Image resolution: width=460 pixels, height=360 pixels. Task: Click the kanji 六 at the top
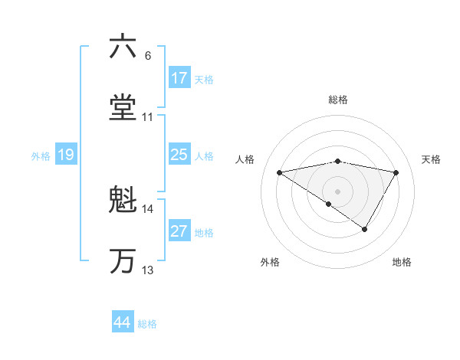tap(123, 47)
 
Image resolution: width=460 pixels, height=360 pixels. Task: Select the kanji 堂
tap(123, 108)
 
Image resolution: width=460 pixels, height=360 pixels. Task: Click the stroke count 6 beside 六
tap(147, 56)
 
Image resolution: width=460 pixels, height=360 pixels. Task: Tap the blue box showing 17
tap(179, 78)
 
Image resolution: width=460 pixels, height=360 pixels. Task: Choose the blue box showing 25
tap(179, 155)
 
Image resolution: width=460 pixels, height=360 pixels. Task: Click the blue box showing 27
tap(179, 231)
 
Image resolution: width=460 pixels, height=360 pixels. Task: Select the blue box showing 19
tap(66, 155)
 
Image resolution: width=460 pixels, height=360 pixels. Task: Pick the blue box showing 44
tap(123, 322)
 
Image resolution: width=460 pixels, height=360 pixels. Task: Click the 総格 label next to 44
tap(147, 324)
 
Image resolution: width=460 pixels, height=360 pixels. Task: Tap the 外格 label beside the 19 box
tap(41, 156)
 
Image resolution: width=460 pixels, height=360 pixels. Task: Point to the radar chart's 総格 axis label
tap(338, 100)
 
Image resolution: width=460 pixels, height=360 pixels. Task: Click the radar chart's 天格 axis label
tap(431, 159)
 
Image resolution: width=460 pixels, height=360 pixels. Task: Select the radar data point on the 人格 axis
tap(280, 172)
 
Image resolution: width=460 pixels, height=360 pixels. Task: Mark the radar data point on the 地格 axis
tap(365, 229)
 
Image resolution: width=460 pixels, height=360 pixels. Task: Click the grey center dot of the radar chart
tap(338, 191)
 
